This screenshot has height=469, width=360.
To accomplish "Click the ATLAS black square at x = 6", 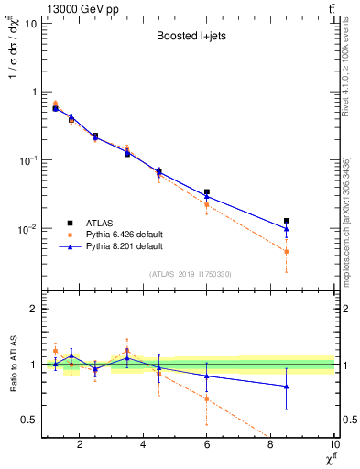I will tap(207, 192).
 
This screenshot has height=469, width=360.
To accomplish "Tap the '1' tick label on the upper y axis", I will tap(34, 92).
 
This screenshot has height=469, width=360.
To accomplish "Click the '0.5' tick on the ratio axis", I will tap(29, 420).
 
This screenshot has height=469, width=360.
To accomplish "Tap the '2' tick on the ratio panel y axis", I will tap(34, 309).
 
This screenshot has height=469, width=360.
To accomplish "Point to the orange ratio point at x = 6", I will tap(207, 398).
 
